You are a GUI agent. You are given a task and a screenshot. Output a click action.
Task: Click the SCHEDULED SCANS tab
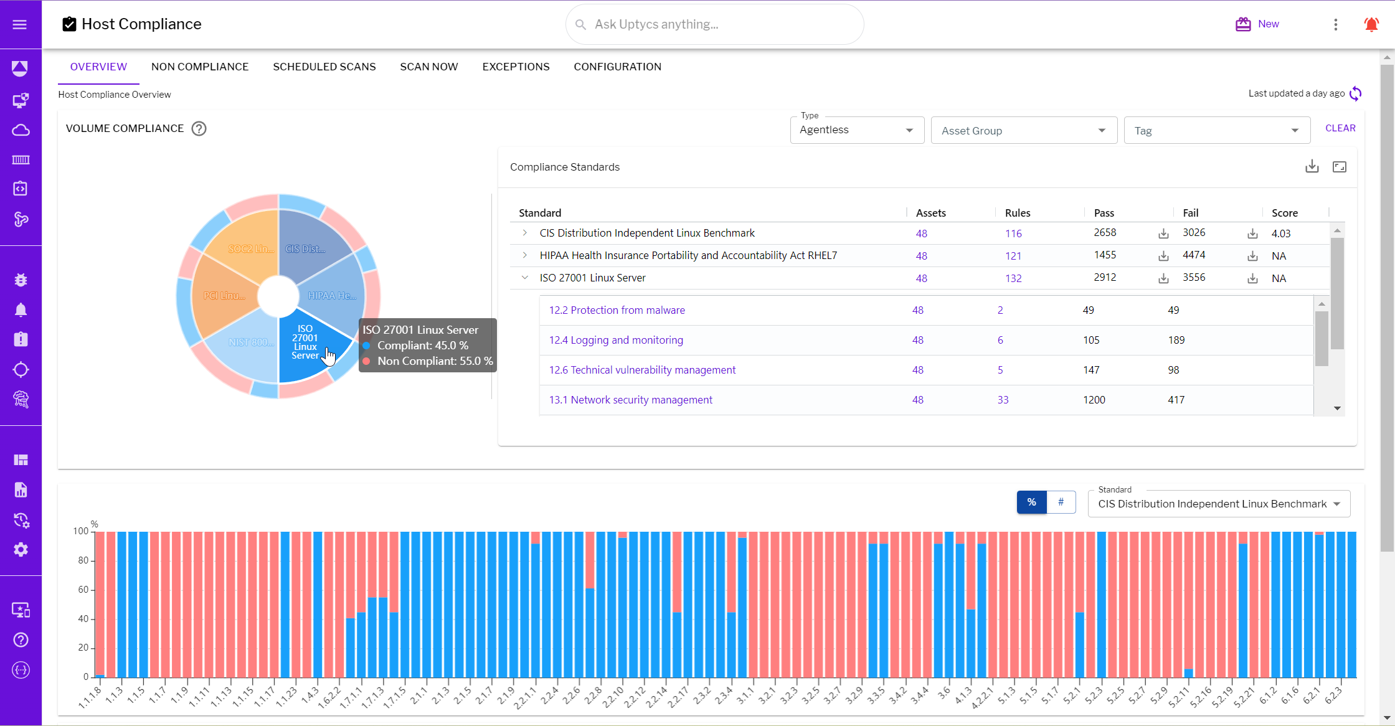click(x=324, y=67)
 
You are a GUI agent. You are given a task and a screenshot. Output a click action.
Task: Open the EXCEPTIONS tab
click(x=516, y=67)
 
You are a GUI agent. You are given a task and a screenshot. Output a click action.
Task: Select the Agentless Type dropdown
click(x=856, y=130)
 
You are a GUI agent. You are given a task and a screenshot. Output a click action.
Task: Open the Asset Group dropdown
click(x=1023, y=131)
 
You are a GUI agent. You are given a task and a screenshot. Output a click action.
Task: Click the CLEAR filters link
click(x=1340, y=128)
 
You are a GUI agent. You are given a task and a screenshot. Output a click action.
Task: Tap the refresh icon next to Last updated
click(x=1355, y=94)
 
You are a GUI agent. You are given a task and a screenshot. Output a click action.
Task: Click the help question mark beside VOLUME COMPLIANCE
click(x=199, y=129)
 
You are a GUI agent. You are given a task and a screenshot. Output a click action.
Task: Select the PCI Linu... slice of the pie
click(x=224, y=296)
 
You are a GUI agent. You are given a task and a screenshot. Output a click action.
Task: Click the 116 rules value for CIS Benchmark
click(x=1013, y=233)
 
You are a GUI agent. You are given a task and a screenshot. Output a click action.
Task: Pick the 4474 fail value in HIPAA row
click(x=1194, y=255)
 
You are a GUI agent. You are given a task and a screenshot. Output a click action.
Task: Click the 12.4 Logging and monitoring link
click(x=616, y=340)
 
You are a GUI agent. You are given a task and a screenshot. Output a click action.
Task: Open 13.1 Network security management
click(x=630, y=400)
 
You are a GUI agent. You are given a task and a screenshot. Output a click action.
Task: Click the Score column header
click(x=1284, y=213)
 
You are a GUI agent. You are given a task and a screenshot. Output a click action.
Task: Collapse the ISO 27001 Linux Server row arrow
click(x=525, y=278)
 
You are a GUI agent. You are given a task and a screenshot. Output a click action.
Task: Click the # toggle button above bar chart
click(x=1061, y=502)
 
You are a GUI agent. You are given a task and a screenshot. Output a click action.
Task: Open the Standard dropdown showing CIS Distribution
click(x=1218, y=504)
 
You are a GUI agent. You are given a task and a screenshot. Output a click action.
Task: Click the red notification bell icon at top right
click(x=1371, y=24)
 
